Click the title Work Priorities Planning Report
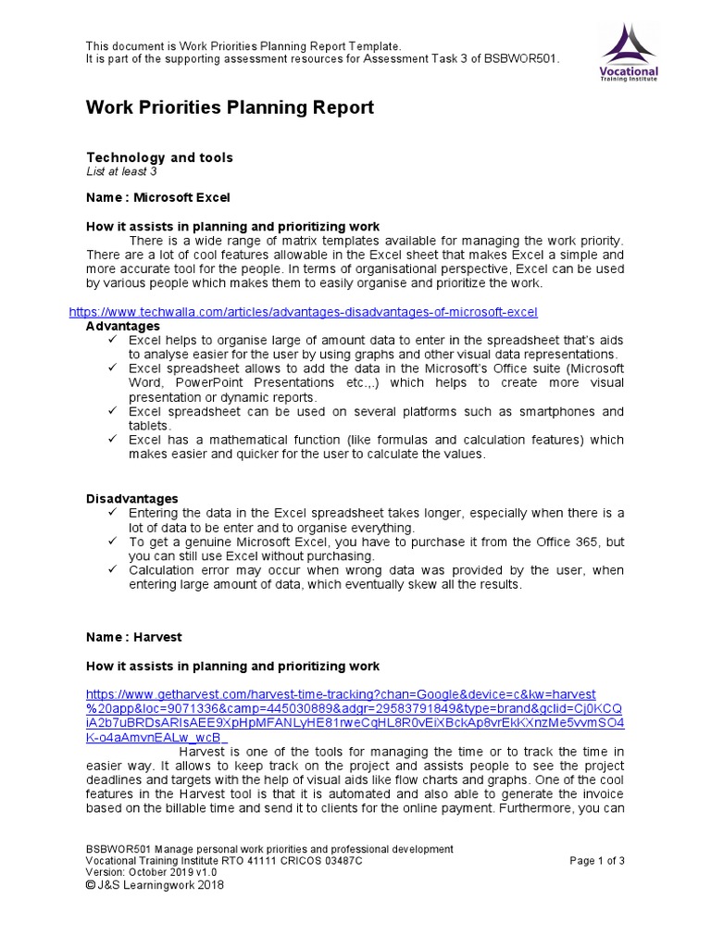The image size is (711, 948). point(230,107)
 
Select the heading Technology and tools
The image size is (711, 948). point(159,157)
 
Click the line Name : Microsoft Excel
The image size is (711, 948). point(157,197)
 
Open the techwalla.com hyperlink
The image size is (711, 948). point(303,312)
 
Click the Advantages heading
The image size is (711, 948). point(122,326)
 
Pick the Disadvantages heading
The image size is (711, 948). point(131,499)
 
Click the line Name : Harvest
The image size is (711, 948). point(134,637)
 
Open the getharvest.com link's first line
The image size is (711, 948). point(341,693)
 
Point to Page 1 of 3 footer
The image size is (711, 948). point(597,860)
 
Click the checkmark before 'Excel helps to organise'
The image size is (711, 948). point(112,341)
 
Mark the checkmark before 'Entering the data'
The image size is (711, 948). point(112,513)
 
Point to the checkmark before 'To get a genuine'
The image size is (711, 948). point(112,542)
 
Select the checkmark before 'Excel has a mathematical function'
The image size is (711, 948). point(112,441)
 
